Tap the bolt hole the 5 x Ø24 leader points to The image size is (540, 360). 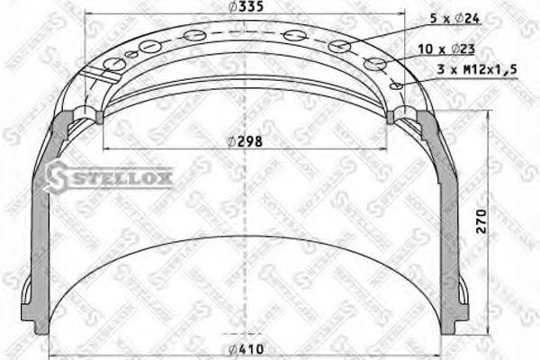pyautogui.click(x=339, y=47)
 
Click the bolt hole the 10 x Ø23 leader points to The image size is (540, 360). pyautogui.click(x=376, y=64)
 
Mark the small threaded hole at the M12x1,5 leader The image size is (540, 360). pyautogui.click(x=394, y=85)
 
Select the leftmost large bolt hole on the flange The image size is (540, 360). pyautogui.click(x=114, y=64)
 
